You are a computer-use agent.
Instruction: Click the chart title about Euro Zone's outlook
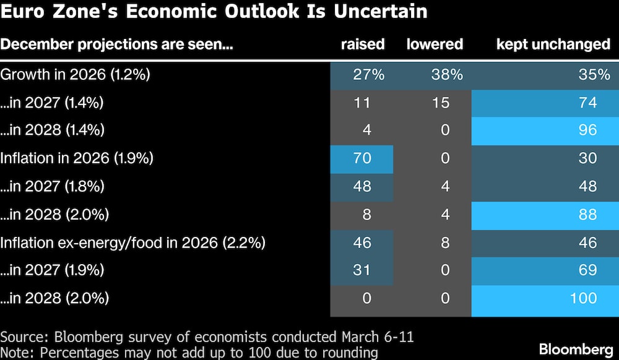(214, 12)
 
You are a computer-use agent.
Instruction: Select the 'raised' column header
(363, 45)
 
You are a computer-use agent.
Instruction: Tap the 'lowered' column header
(435, 45)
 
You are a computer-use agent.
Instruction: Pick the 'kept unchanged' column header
(553, 45)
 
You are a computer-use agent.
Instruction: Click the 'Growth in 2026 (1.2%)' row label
(76, 75)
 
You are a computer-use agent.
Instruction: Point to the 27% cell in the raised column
(368, 75)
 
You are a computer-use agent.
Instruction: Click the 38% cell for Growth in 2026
(446, 75)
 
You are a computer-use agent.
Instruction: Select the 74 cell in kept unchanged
(587, 103)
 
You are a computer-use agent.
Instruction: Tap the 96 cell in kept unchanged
(587, 131)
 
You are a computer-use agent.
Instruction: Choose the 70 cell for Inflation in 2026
(362, 158)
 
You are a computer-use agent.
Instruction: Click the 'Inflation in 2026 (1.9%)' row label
(77, 158)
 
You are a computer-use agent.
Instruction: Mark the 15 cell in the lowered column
(441, 103)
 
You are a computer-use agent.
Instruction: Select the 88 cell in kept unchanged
(587, 215)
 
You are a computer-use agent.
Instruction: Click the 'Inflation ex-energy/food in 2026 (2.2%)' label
(133, 242)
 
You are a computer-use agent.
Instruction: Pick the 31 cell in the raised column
(362, 270)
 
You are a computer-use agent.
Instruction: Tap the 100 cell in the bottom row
(582, 298)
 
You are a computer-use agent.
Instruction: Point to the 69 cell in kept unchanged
(587, 270)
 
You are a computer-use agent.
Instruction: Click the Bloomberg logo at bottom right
(575, 349)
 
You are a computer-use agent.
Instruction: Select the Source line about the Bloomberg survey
(207, 337)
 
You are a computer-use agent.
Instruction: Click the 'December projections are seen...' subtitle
(116, 45)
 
